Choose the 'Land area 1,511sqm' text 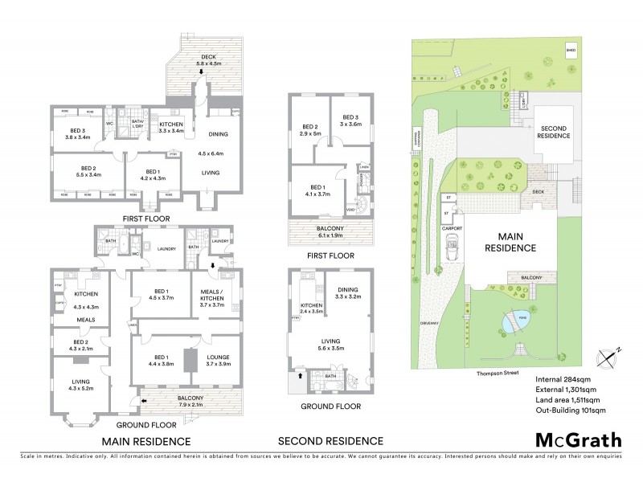(x=570, y=398)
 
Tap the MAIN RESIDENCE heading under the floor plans (x=145, y=441)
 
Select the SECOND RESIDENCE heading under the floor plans (x=330, y=441)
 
